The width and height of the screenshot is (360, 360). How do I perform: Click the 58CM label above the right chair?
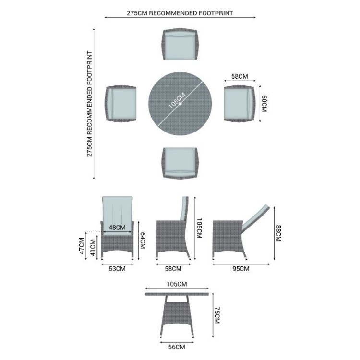(x=240, y=76)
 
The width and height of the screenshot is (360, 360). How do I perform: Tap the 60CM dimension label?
(x=264, y=104)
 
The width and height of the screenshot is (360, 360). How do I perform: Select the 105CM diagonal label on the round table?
(x=177, y=101)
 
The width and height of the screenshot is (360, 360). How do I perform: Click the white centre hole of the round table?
(x=180, y=104)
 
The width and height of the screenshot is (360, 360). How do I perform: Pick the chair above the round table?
(x=180, y=44)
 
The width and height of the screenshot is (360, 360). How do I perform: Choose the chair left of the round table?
(x=121, y=104)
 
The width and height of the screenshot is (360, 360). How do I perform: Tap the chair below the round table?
(x=180, y=163)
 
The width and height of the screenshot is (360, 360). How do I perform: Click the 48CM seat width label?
(x=117, y=228)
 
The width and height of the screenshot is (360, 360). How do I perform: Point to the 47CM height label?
(x=82, y=246)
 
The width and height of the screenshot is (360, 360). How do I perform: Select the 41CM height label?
(x=93, y=248)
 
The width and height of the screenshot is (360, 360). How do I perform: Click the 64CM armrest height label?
(x=143, y=240)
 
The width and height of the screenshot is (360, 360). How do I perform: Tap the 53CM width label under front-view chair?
(x=117, y=269)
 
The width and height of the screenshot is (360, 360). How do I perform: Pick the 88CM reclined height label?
(x=278, y=233)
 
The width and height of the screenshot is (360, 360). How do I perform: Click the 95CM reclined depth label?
(x=241, y=269)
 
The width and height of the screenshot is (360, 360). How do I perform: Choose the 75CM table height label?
(x=217, y=315)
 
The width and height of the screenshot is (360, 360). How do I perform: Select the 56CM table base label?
(x=177, y=347)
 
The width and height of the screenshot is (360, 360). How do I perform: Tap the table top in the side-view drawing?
(x=177, y=294)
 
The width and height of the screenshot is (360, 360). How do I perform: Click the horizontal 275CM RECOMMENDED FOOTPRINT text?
(x=180, y=13)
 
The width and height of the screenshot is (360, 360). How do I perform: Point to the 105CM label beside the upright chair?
(x=199, y=228)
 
